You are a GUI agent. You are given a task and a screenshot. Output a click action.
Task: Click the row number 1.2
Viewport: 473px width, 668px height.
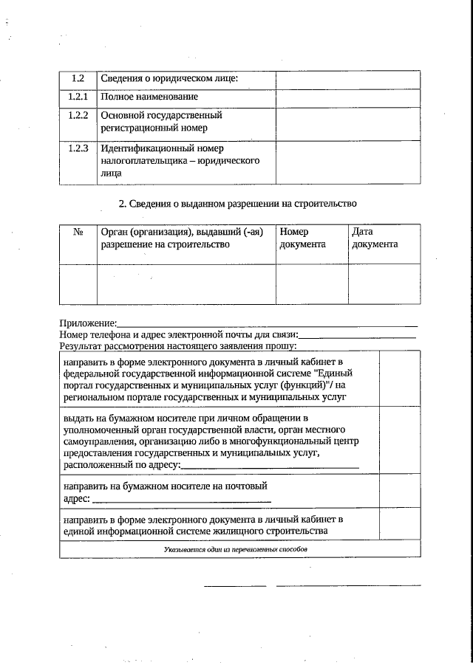pyautogui.click(x=78, y=79)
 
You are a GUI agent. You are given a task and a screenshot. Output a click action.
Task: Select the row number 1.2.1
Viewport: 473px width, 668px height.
pyautogui.click(x=78, y=97)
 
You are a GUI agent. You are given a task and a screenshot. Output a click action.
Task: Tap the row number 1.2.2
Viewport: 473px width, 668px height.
pyautogui.click(x=78, y=116)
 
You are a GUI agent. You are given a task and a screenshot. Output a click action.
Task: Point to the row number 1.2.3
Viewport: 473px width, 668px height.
pyautogui.click(x=78, y=148)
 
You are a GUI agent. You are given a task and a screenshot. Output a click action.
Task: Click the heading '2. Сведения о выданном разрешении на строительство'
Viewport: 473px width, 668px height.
pyautogui.click(x=238, y=203)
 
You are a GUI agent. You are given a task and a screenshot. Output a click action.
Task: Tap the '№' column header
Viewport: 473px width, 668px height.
pyautogui.click(x=78, y=232)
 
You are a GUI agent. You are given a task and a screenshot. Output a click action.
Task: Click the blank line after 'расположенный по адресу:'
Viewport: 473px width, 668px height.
pyautogui.click(x=270, y=465)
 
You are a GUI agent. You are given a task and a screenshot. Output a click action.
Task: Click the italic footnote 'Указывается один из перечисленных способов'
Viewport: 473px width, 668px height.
pyautogui.click(x=235, y=549)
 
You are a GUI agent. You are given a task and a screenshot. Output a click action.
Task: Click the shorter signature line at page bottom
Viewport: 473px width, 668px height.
pyautogui.click(x=234, y=586)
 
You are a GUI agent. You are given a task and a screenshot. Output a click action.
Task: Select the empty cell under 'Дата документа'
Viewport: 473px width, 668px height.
pyautogui.click(x=384, y=283)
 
